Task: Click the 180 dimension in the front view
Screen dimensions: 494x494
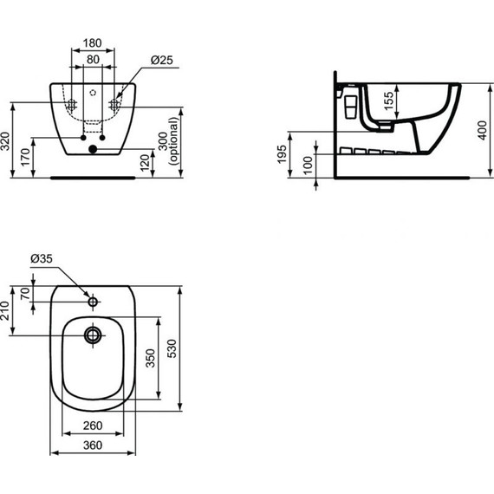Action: point(94,42)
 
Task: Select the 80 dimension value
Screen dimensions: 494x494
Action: point(94,60)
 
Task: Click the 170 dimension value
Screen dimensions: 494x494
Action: point(26,156)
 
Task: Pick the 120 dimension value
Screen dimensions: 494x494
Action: point(146,162)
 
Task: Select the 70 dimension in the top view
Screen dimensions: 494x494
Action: point(25,293)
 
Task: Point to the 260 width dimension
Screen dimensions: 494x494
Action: point(94,426)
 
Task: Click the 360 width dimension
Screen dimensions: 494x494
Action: point(94,445)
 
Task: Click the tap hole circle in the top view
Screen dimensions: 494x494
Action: point(94,302)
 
